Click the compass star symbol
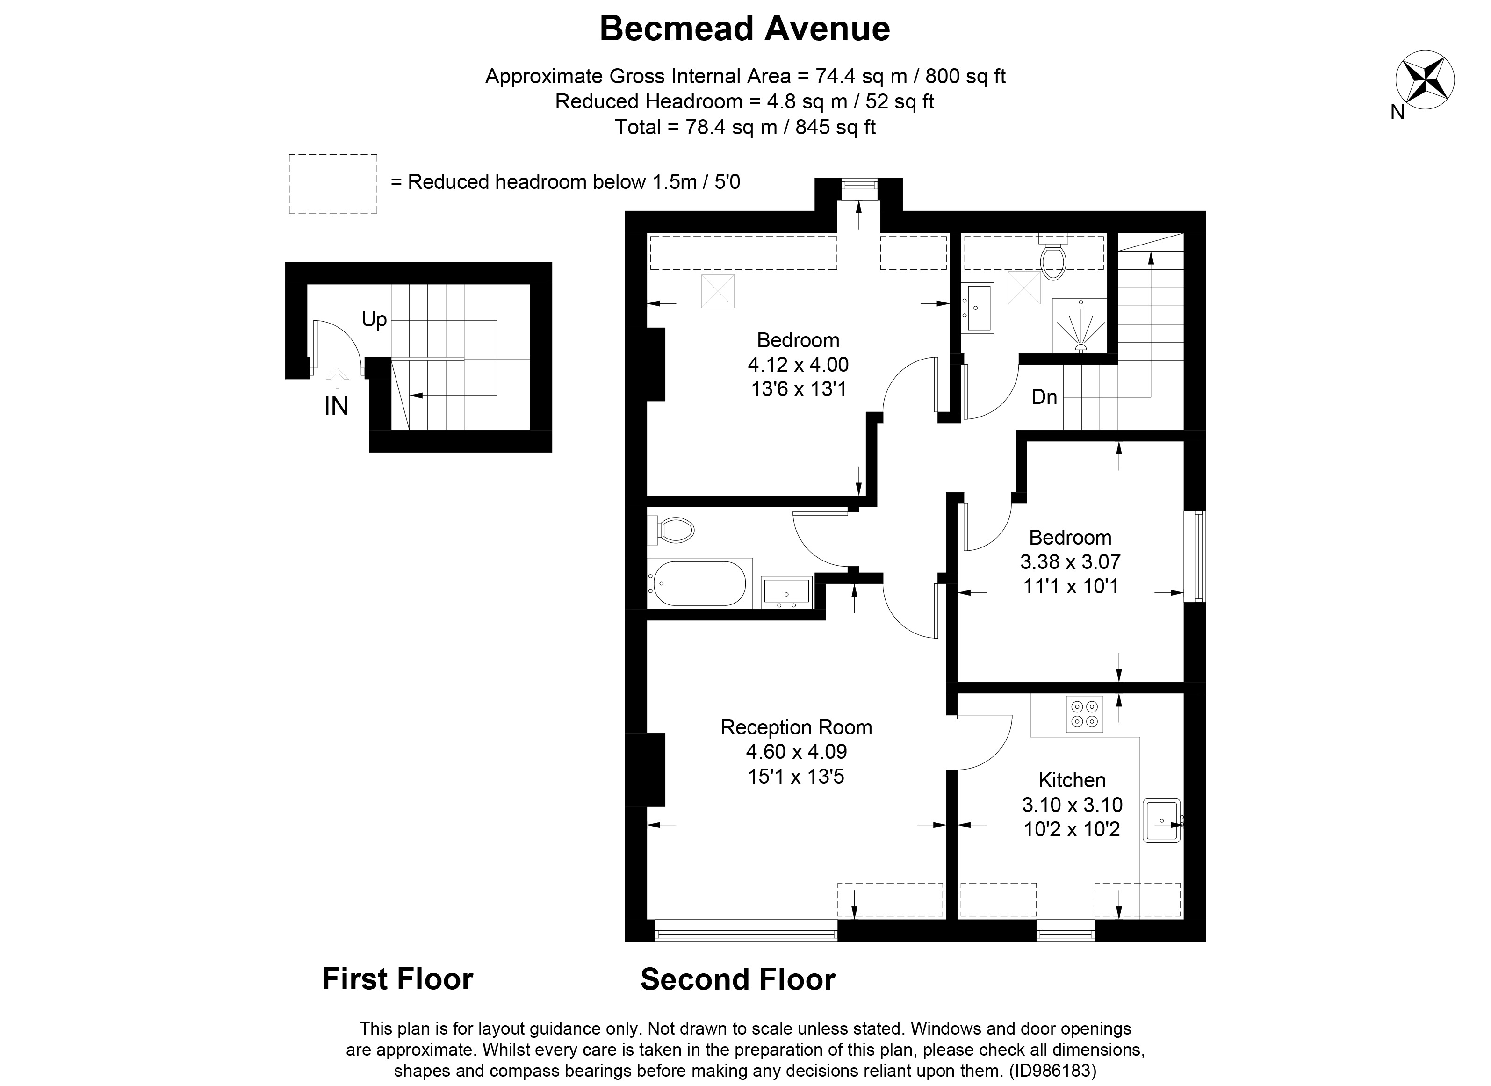click(x=1425, y=81)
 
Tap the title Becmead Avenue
click(x=745, y=29)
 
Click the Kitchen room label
click(x=1072, y=780)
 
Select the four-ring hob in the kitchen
click(x=1084, y=714)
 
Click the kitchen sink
click(x=1162, y=820)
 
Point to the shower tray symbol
click(x=1080, y=326)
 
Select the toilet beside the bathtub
click(x=671, y=530)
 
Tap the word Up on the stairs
click(x=374, y=319)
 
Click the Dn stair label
click(x=1044, y=396)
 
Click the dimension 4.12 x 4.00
click(x=798, y=364)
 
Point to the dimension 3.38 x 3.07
click(x=1070, y=561)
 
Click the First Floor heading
click(x=397, y=979)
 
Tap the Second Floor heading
click(x=738, y=979)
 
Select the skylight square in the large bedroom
click(x=717, y=291)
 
